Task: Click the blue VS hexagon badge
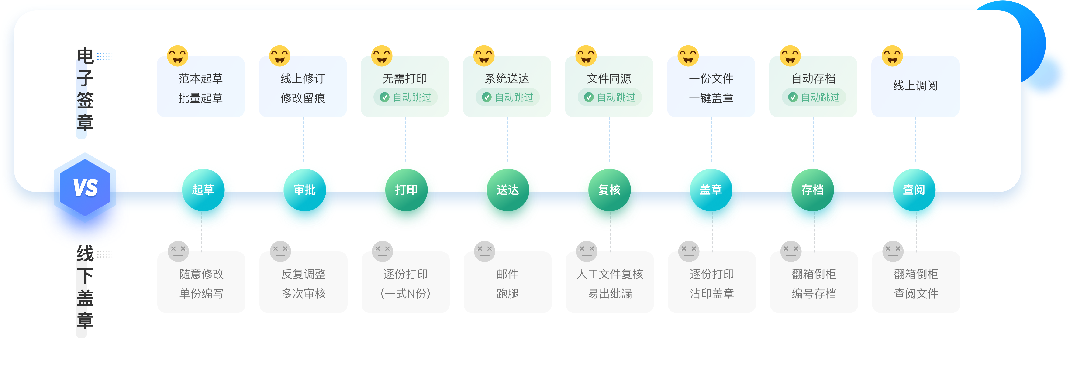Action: tap(85, 187)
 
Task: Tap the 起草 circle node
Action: tap(203, 190)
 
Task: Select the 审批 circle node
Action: tap(304, 190)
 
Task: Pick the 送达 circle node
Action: tap(507, 190)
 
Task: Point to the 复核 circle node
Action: tap(609, 190)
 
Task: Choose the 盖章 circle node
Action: tap(711, 190)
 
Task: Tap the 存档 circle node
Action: tap(812, 190)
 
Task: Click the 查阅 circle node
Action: tap(914, 190)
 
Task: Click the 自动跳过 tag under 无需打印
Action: tap(406, 97)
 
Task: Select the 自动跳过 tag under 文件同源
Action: tap(610, 97)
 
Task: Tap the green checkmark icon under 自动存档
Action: tap(793, 97)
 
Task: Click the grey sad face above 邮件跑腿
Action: tap(484, 251)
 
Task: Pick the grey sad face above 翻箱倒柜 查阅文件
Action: tap(893, 251)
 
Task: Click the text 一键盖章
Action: tap(711, 98)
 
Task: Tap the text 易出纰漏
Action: tap(610, 294)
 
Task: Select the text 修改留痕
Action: tap(303, 98)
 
